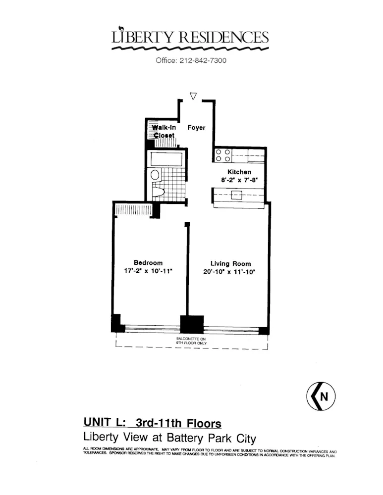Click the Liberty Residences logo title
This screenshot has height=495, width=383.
[191, 37]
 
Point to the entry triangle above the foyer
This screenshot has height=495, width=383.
[194, 96]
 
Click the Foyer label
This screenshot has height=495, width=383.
[196, 128]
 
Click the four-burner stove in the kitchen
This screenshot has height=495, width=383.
[222, 155]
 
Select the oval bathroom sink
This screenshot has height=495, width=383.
[155, 175]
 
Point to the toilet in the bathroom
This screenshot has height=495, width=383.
[158, 192]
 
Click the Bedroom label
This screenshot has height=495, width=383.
[148, 263]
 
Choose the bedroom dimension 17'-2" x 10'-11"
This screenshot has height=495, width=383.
[148, 271]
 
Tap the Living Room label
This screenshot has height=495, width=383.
[230, 264]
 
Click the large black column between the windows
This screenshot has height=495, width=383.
[192, 324]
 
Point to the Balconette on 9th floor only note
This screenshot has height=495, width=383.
[191, 341]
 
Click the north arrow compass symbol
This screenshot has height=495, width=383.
[321, 396]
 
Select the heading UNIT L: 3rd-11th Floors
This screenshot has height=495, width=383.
[152, 424]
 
